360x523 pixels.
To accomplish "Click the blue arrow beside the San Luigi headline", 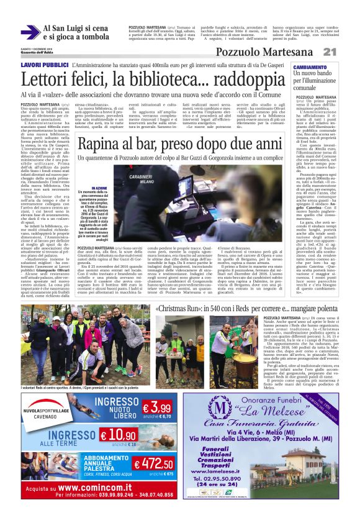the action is tap(29, 33).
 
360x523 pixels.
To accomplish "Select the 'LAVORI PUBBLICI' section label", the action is tap(44, 65).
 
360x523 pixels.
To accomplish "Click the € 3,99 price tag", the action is tap(156, 407).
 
